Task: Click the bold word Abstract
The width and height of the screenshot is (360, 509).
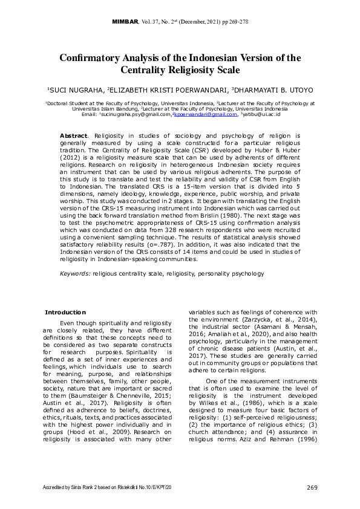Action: [x=74, y=136]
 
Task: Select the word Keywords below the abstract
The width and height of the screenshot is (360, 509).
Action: [x=74, y=273]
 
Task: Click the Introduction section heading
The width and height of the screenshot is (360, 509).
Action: [x=66, y=312]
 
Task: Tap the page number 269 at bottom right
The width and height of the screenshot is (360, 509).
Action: [x=312, y=487]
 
